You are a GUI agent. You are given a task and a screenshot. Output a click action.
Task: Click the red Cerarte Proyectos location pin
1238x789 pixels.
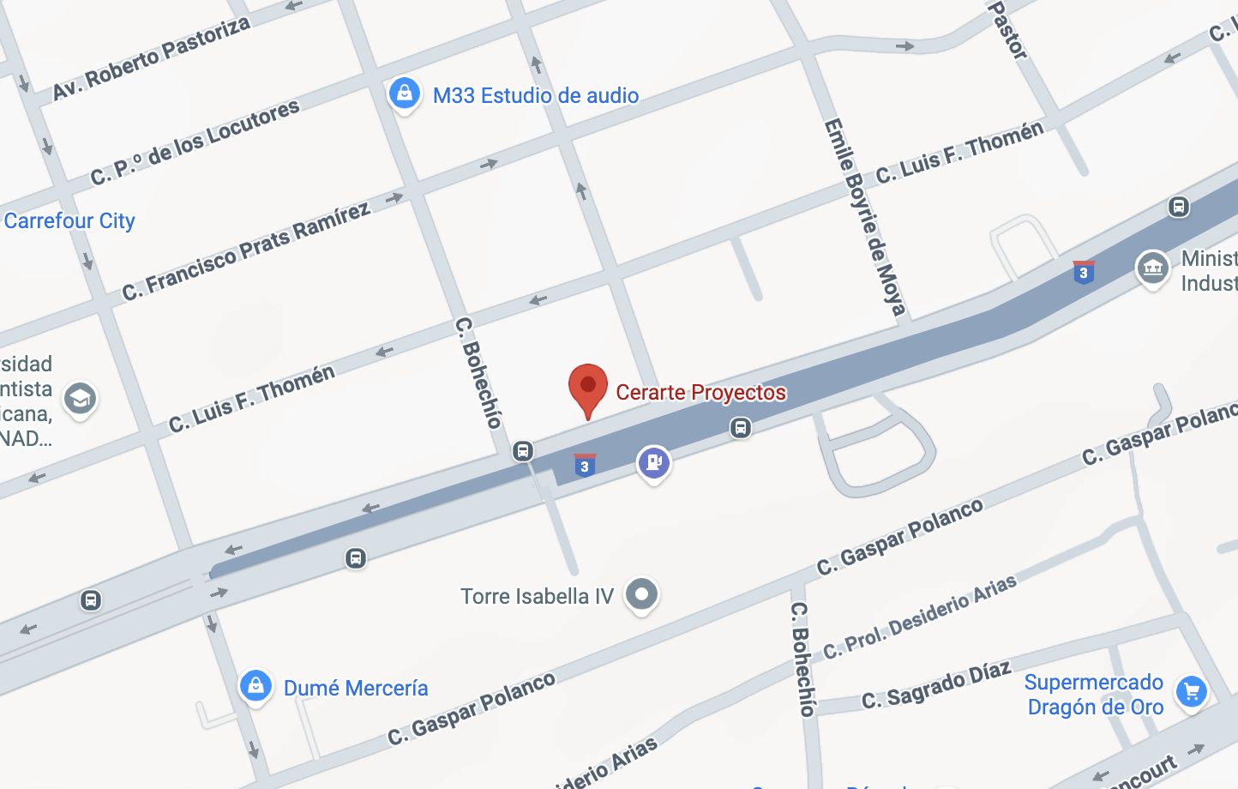click(588, 388)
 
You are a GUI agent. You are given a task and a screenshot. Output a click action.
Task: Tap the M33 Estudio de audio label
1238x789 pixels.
click(536, 95)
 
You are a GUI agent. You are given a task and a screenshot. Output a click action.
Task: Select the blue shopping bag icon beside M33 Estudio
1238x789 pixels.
click(405, 93)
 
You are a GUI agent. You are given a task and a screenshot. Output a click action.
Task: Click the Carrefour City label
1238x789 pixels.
click(69, 220)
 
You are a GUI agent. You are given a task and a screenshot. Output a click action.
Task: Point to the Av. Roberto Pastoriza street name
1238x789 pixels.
click(151, 57)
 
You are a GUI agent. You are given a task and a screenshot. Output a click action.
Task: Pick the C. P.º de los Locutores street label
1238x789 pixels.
click(195, 142)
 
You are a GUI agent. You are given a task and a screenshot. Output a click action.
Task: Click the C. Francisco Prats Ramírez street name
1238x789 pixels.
click(246, 251)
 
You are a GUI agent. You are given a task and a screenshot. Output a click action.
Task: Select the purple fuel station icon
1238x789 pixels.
click(653, 463)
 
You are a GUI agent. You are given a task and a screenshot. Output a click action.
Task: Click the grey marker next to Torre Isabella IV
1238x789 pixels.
click(641, 593)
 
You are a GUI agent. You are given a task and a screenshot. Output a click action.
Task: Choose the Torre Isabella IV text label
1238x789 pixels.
click(537, 596)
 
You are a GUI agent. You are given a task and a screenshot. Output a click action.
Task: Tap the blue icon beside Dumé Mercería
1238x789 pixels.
click(255, 686)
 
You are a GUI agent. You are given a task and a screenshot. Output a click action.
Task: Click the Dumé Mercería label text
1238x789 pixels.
click(356, 688)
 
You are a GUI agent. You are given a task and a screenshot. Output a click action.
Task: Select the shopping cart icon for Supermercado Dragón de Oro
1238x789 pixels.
click(1191, 691)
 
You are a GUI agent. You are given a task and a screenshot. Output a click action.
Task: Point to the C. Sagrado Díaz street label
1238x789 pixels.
click(936, 685)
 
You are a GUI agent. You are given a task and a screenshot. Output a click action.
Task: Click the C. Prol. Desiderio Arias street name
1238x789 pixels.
click(920, 617)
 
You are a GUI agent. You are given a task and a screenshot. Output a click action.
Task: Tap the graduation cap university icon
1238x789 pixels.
click(80, 399)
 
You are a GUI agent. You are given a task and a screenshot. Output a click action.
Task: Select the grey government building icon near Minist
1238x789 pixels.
click(1152, 268)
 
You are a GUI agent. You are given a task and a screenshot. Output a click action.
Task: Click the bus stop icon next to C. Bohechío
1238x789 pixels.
click(523, 451)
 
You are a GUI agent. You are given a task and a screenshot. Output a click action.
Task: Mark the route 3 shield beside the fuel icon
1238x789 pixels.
click(585, 466)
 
